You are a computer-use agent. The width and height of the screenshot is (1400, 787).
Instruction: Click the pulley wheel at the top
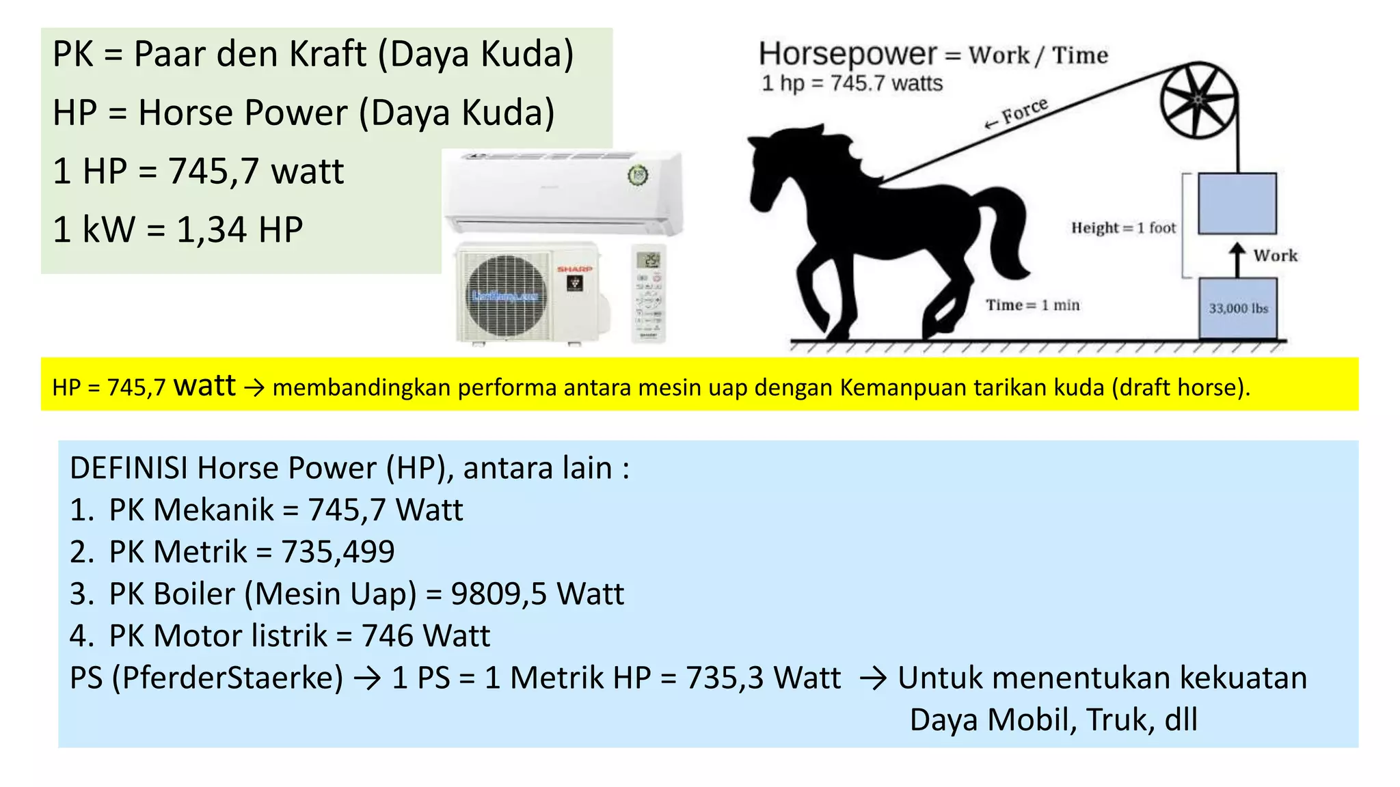click(1198, 101)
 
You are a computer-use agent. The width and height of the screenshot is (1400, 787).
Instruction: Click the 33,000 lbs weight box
click(1238, 308)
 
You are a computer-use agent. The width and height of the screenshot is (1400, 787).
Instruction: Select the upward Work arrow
click(1237, 259)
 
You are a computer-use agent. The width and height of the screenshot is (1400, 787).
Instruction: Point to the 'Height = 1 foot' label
click(1123, 227)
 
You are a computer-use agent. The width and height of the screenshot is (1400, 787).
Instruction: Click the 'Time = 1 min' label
click(1032, 305)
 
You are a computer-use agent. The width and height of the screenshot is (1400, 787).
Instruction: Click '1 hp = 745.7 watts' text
click(852, 83)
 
